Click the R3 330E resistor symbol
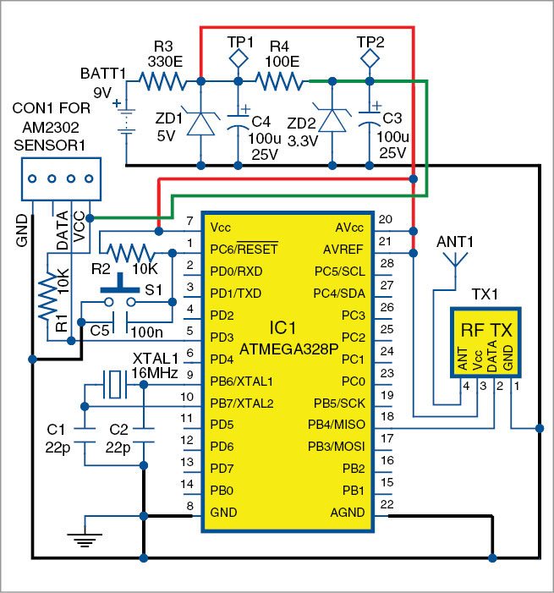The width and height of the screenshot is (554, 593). [x=162, y=81]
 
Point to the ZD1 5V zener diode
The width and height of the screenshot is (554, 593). [x=200, y=124]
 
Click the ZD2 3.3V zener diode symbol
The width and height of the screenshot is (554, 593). [x=332, y=124]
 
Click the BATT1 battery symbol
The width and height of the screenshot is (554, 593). [x=126, y=119]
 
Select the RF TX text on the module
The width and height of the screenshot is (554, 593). [x=485, y=330]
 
